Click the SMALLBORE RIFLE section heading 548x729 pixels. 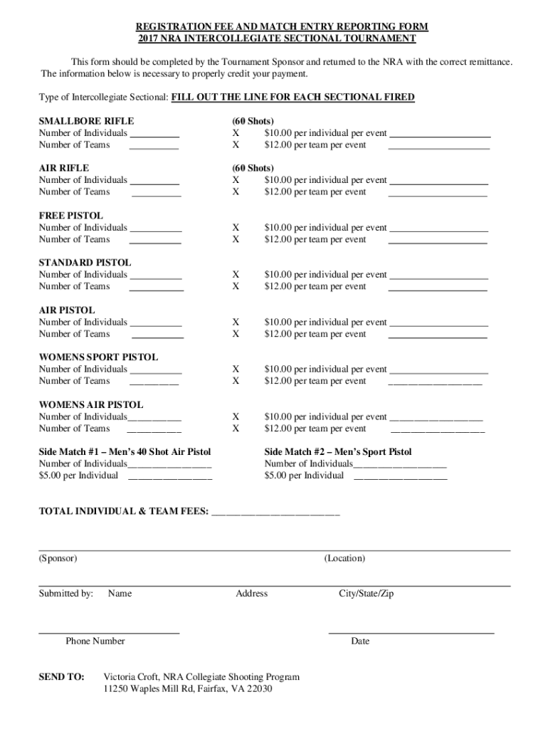(86, 121)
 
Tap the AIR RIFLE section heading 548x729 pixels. (64, 168)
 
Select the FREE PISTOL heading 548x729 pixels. (70, 216)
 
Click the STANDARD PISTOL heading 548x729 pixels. (85, 263)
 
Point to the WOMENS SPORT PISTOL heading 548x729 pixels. (98, 357)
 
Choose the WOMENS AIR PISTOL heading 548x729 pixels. (90, 404)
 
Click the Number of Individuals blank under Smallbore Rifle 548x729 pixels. (154, 134)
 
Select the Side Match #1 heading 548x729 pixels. (125, 452)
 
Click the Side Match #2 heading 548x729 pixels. (337, 452)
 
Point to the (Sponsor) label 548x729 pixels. (58, 559)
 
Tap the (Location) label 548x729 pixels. (344, 559)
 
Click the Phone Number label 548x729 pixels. (95, 641)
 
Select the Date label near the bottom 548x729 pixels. (360, 641)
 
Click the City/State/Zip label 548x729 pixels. (366, 594)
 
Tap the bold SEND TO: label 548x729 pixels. (61, 677)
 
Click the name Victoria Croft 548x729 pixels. (131, 677)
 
